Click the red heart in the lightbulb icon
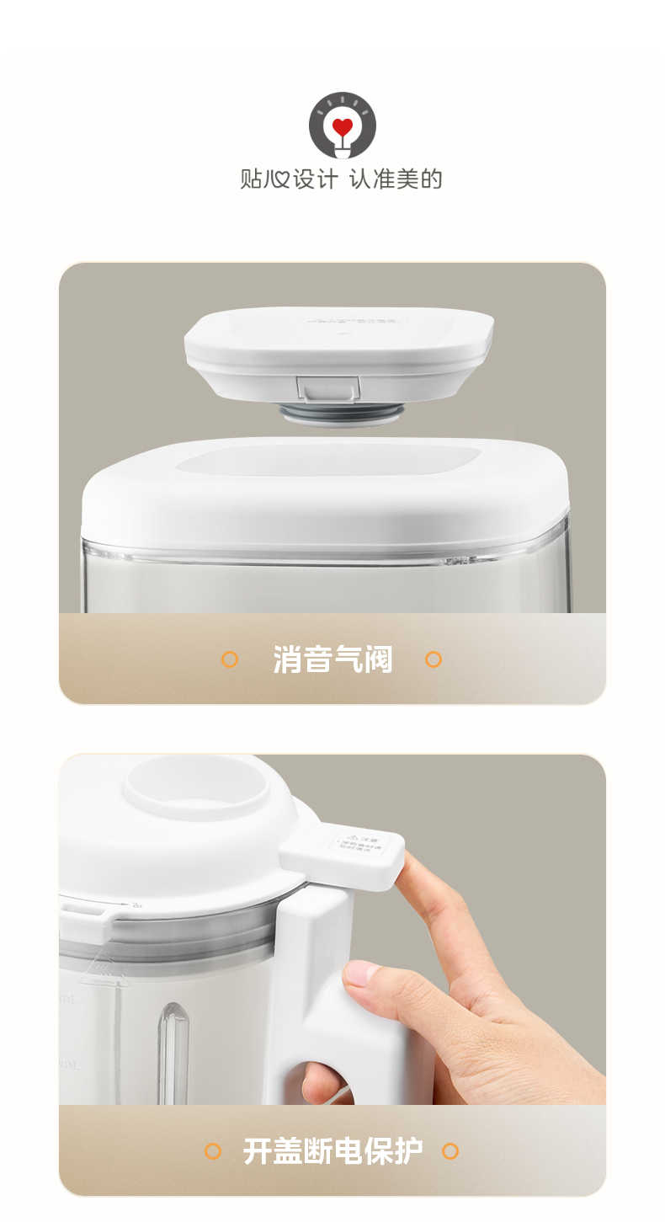(x=342, y=127)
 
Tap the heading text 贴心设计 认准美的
(x=341, y=179)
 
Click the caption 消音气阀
(x=332, y=659)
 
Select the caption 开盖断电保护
(x=332, y=1150)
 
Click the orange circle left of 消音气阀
(x=229, y=659)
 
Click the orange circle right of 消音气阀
(x=434, y=659)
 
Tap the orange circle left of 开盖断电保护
(x=213, y=1150)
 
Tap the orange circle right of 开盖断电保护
(x=450, y=1150)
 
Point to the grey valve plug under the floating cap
(x=342, y=413)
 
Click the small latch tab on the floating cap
(x=328, y=388)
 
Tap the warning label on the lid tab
(x=357, y=845)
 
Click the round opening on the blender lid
(x=197, y=783)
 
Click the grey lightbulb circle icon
(x=342, y=125)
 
